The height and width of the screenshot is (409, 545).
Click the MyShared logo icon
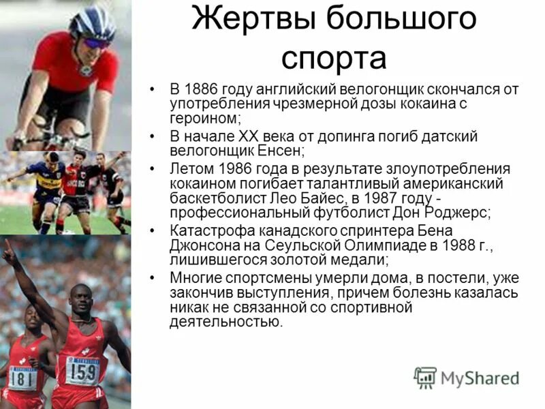[x=426, y=376]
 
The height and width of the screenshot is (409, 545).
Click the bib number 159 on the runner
[x=83, y=371]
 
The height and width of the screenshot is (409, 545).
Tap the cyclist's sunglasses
[x=97, y=42]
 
